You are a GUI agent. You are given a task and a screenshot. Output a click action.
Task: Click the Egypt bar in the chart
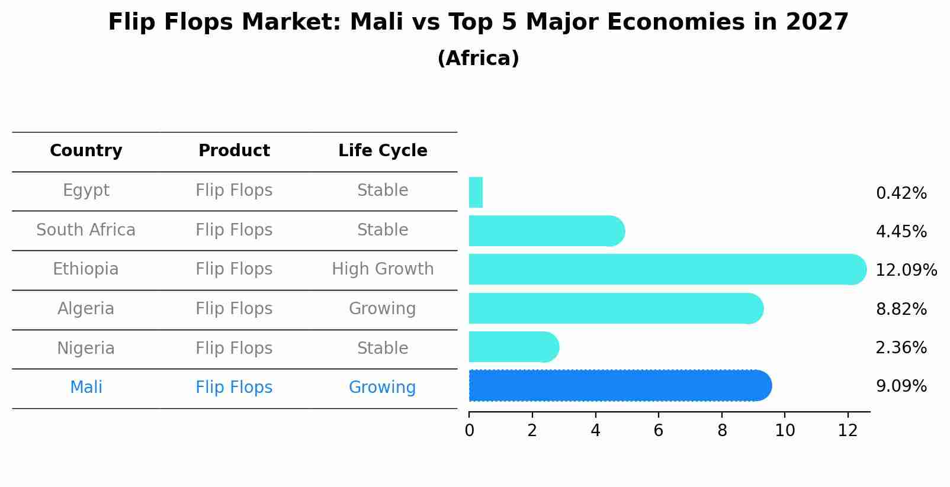point(476,192)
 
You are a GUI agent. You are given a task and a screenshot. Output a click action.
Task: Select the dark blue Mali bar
point(619,386)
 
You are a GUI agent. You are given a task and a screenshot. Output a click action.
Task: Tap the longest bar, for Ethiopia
point(666,269)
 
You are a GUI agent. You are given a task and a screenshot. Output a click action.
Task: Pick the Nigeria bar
point(513,347)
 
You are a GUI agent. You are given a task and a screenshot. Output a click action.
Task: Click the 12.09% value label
point(906,270)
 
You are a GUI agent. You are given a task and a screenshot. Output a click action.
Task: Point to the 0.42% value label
point(901,193)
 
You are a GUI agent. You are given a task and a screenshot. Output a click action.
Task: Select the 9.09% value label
point(901,386)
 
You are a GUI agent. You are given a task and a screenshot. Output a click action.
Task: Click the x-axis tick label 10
point(785,431)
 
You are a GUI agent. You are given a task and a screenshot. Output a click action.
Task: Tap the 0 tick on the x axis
point(469,431)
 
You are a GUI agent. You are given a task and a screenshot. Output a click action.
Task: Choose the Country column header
point(86,151)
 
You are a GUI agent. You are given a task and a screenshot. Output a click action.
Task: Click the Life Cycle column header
point(383,151)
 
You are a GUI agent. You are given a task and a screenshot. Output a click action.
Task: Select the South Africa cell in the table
point(86,230)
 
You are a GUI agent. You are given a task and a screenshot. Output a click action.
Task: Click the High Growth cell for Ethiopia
point(383,269)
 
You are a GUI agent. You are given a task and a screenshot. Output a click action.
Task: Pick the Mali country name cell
point(86,388)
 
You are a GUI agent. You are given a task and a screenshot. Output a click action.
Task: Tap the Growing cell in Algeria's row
point(382,309)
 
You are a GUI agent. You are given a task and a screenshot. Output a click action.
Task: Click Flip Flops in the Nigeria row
point(234,348)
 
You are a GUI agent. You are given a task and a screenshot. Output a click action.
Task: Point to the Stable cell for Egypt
point(383,191)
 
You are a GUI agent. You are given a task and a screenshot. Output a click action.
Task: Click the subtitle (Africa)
point(478,59)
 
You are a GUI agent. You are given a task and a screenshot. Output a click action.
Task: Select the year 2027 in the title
point(817,22)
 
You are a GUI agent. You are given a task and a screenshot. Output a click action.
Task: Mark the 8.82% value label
point(901,309)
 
